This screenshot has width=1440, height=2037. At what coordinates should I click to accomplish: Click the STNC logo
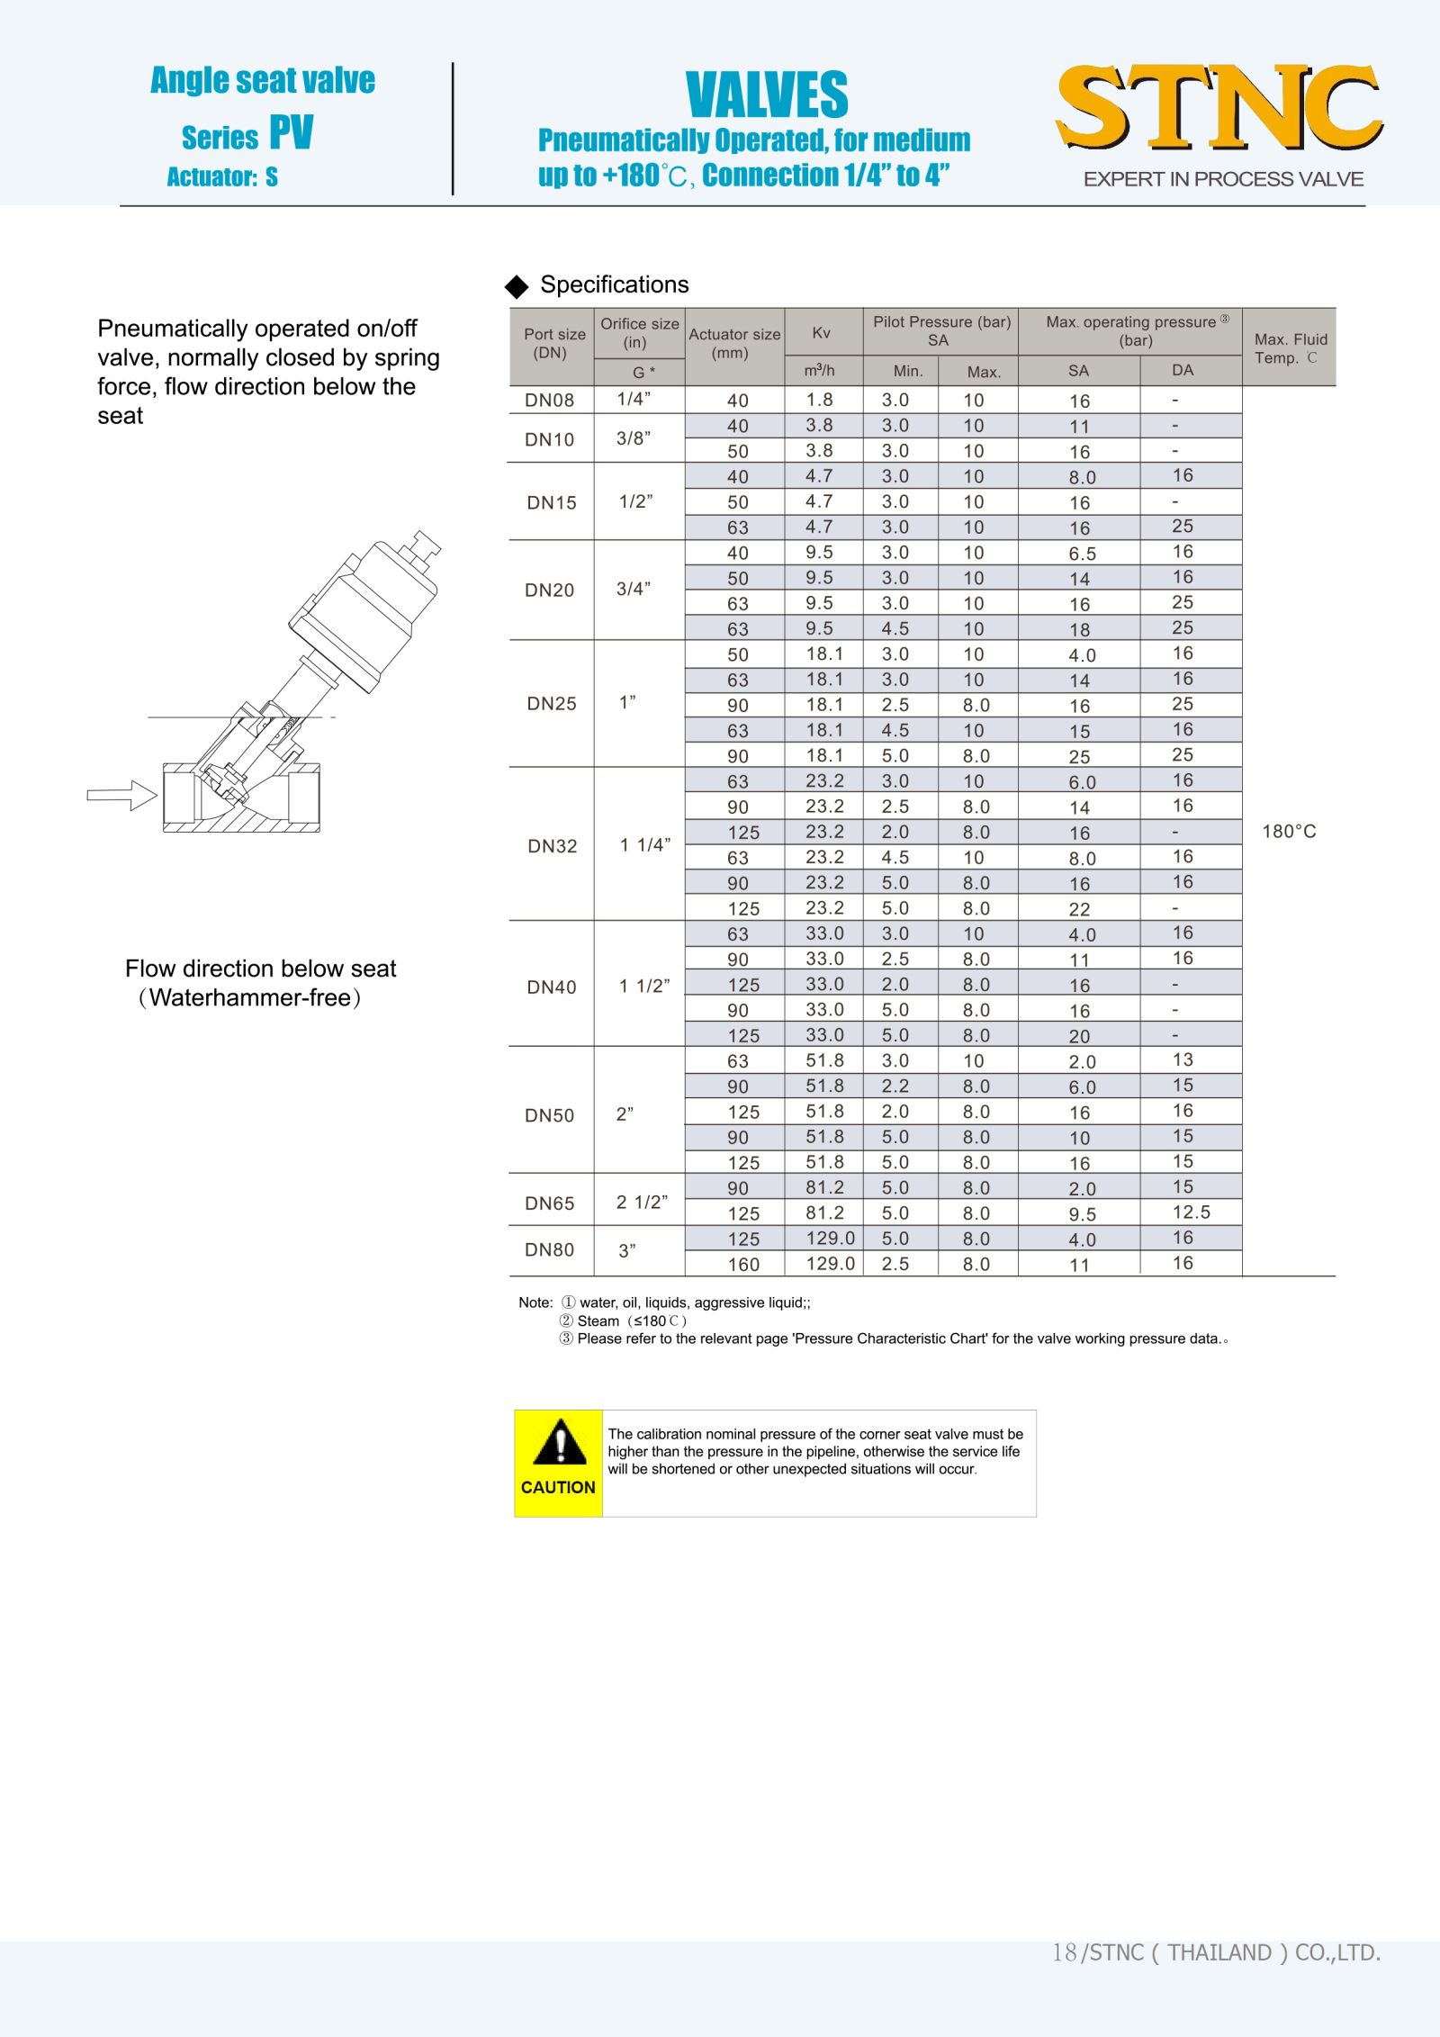coord(1219,107)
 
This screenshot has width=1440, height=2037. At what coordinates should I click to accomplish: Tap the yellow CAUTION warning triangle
coord(559,1443)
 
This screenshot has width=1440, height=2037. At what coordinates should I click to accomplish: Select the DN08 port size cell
coord(549,401)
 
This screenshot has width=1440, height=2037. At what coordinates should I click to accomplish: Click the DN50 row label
coord(549,1115)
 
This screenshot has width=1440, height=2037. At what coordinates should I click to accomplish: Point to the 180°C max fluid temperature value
coord(1289,832)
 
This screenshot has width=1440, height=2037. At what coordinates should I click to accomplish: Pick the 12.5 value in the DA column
coord(1191,1212)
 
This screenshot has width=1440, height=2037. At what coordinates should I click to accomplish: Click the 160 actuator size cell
coord(743,1265)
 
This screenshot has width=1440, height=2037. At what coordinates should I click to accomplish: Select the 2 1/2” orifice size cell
coord(642,1203)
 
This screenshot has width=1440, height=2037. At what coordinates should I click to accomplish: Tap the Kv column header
coord(822,333)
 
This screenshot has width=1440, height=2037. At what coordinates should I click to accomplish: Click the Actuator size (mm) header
coord(734,343)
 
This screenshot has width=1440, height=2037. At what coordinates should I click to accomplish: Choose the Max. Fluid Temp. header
coord(1291,348)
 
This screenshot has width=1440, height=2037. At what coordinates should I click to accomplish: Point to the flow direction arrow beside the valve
coord(122,795)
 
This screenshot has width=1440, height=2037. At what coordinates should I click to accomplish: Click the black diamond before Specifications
coord(517,286)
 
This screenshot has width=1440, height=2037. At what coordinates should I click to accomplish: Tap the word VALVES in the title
coord(767,95)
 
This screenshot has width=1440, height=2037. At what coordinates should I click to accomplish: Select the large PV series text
coord(292,133)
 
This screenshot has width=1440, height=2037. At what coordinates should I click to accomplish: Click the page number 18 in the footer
coord(1064,1951)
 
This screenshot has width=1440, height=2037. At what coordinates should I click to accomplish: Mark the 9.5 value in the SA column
coord(1082,1214)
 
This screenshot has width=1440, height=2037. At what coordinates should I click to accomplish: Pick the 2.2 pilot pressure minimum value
coord(895,1086)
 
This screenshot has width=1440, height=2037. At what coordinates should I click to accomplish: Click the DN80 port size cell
coord(549,1250)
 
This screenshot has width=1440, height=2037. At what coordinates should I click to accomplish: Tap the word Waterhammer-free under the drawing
coord(250,998)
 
